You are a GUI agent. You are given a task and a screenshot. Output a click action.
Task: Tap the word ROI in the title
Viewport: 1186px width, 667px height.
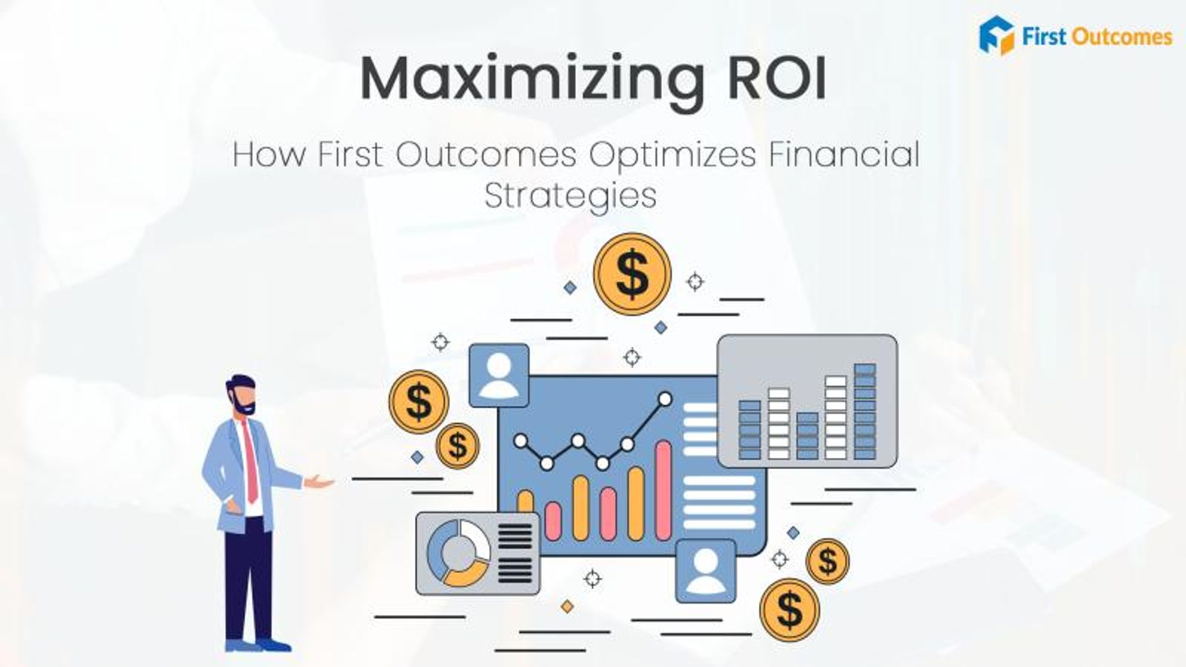point(777,78)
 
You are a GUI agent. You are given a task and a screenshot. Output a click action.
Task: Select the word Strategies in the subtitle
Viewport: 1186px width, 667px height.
point(570,196)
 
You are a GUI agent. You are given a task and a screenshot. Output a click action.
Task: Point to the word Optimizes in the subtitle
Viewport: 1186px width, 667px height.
point(672,155)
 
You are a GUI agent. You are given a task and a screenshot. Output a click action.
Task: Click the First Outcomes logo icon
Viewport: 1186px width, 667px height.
point(997,36)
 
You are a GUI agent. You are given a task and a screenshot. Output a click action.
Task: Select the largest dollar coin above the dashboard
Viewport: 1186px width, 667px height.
point(632,273)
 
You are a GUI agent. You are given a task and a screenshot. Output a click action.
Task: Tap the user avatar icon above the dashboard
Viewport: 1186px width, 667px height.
point(499,375)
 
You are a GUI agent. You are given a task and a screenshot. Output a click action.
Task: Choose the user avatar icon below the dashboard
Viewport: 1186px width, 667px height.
point(706,571)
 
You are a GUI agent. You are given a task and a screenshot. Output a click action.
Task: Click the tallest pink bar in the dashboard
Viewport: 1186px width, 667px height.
point(664,490)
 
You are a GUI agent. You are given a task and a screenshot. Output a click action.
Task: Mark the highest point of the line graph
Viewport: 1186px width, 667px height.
point(665,399)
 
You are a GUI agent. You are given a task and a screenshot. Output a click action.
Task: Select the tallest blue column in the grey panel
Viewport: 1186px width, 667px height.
point(865,411)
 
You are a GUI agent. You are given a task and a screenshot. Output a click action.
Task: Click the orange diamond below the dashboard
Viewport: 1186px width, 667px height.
point(568,607)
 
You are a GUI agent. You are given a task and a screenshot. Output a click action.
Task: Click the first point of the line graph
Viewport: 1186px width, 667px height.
point(521,441)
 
